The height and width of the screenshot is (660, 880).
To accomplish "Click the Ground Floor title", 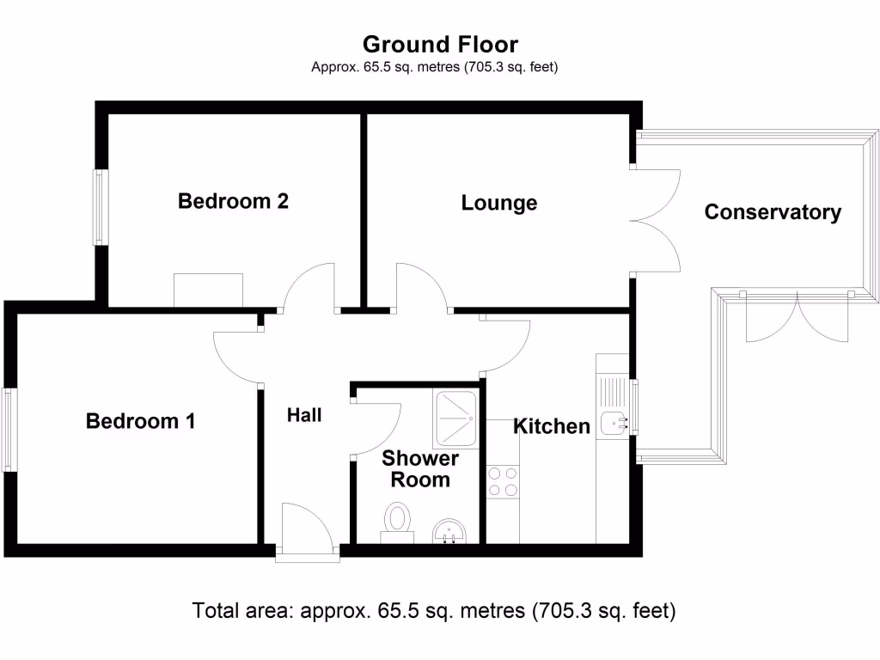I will pos(440,44).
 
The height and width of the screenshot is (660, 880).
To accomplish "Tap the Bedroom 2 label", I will pos(233,201).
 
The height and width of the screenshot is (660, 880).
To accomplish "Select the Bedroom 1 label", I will pos(140,421).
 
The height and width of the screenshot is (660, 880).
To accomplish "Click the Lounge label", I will pos(499,203).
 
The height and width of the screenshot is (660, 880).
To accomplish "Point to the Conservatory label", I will pos(773,212).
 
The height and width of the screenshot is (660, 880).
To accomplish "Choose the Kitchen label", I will pos(552,425).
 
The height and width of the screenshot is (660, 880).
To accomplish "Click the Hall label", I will pos(304,415).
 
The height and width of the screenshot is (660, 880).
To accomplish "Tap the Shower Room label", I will pos(420,469).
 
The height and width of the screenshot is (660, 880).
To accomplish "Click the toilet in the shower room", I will pos(397,522).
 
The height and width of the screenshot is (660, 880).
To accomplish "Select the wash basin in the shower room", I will pos(448,531).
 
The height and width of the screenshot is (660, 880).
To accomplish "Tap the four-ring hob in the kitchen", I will pos(503,481).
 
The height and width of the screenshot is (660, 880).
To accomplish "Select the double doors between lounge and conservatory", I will pos(655,221).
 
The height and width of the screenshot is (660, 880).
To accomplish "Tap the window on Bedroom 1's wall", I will pos(8,430).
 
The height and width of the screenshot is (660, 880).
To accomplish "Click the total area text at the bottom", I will pos(434,611).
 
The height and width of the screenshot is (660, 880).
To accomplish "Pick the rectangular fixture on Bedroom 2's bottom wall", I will pos(208,290).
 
